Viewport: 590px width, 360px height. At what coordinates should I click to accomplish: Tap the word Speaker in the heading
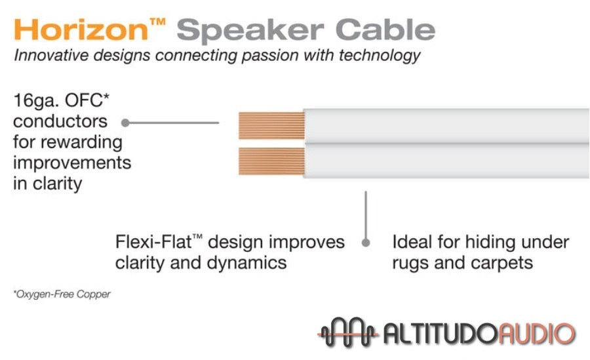coord(250,31)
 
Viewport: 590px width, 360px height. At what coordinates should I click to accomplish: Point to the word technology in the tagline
coord(374,55)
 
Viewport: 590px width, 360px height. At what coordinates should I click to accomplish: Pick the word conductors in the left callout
coord(60,121)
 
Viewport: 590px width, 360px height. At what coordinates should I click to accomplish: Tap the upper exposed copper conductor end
coord(271,125)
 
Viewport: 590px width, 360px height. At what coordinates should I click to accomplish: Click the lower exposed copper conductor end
coord(271,161)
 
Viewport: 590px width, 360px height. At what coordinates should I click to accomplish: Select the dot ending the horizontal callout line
coord(125,122)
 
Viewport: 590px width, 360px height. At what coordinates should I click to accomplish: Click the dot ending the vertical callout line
coord(366,243)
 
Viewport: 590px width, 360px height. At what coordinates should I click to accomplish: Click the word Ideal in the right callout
coord(412,242)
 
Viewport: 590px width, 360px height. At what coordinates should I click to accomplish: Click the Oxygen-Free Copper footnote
coord(62,294)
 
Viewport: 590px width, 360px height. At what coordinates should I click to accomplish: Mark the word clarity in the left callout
coord(49,183)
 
